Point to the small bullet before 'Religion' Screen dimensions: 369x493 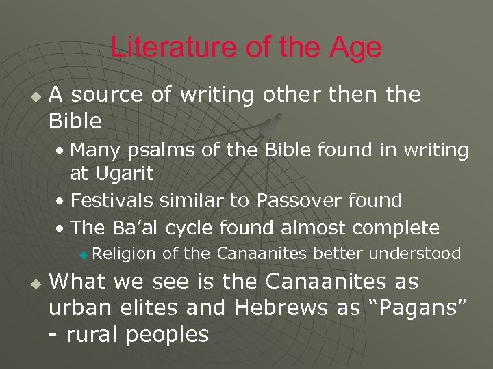(x=83, y=256)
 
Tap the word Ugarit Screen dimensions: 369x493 (x=123, y=174)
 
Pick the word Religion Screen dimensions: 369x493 (x=124, y=254)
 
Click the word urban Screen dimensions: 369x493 (x=75, y=307)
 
